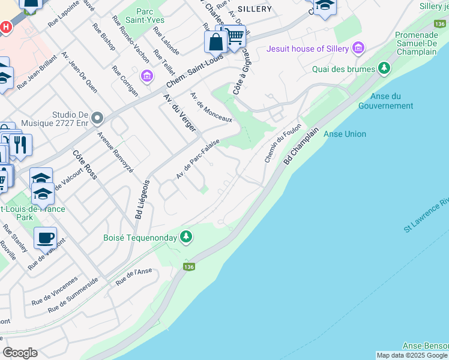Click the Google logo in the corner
(x=20, y=353)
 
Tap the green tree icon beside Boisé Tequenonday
(x=186, y=238)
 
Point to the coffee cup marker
(x=46, y=238)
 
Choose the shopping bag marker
(x=215, y=42)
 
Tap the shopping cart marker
(x=234, y=36)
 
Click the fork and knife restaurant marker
(x=20, y=145)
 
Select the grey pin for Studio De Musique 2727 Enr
(x=98, y=117)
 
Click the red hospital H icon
(x=6, y=27)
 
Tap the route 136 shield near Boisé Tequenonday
(x=189, y=266)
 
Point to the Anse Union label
(x=345, y=134)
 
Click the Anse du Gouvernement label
(x=385, y=101)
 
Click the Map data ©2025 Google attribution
(x=412, y=355)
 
